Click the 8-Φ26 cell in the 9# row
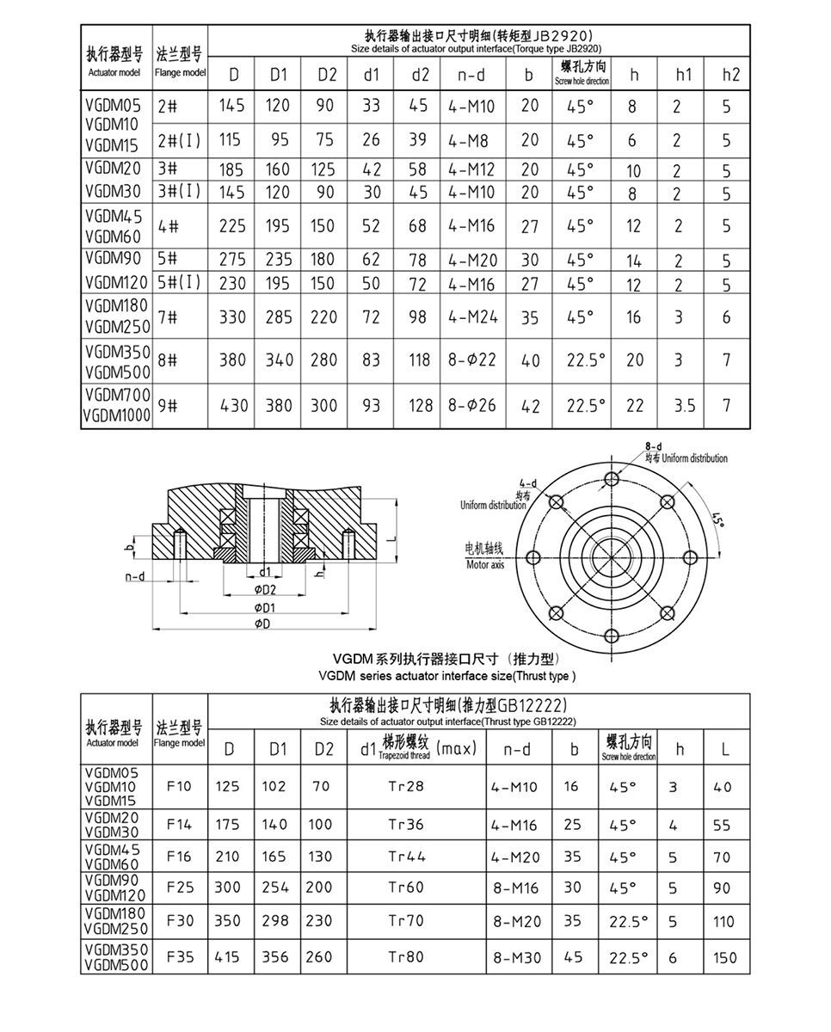(x=472, y=404)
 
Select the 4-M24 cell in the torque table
(x=472, y=317)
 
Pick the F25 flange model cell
(x=180, y=887)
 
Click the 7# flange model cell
(x=168, y=317)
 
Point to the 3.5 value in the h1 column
(x=685, y=404)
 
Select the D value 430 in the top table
(x=232, y=404)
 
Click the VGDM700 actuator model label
(x=118, y=395)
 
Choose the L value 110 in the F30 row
(x=724, y=921)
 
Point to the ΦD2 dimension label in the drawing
(x=264, y=590)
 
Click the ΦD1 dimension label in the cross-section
(x=264, y=607)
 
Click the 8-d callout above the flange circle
(x=653, y=446)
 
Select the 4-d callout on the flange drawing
(x=527, y=484)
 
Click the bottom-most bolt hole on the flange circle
(x=612, y=636)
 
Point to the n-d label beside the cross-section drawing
(x=133, y=576)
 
